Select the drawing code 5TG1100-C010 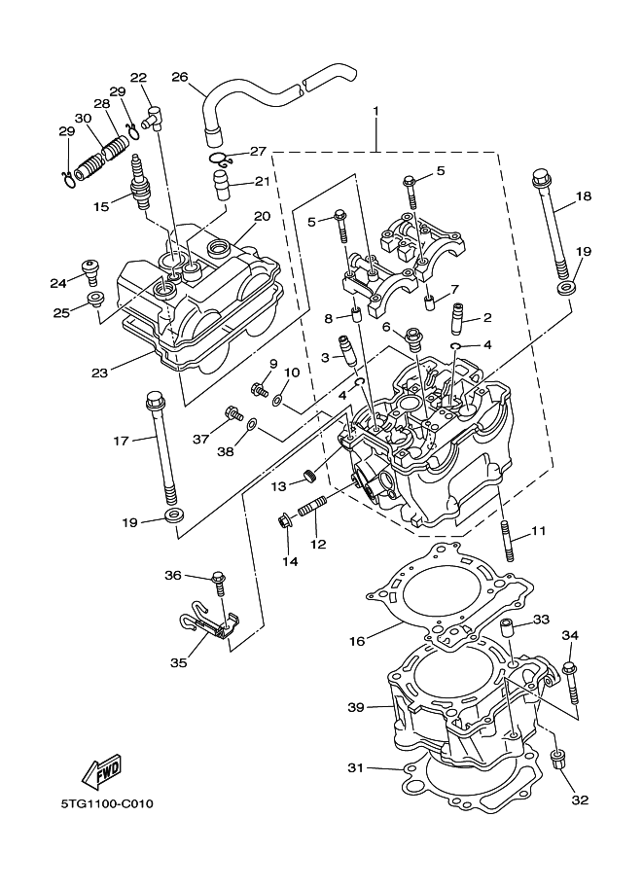tap(107, 804)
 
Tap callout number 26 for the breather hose tap(179, 77)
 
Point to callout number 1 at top tap(376, 112)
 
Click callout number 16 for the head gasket tap(357, 641)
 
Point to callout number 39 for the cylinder tap(357, 706)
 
